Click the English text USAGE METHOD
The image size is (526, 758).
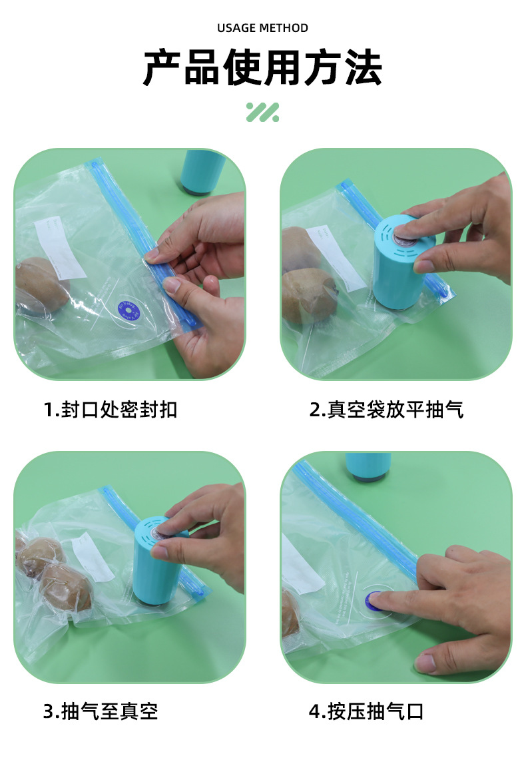(x=262, y=28)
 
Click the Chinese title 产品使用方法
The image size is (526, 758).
(x=262, y=68)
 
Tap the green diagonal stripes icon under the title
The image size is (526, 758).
(x=262, y=112)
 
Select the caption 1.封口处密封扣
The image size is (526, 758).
(x=111, y=409)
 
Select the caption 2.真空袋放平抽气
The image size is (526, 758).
(x=386, y=409)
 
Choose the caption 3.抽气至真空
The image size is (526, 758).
(x=101, y=711)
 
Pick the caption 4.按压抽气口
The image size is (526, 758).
(x=366, y=711)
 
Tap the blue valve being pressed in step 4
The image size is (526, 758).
(x=374, y=598)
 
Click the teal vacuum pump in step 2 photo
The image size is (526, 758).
(x=401, y=266)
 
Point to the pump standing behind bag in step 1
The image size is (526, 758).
(x=203, y=172)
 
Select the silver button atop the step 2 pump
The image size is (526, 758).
(x=403, y=234)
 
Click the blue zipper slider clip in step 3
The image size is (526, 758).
(x=192, y=589)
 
